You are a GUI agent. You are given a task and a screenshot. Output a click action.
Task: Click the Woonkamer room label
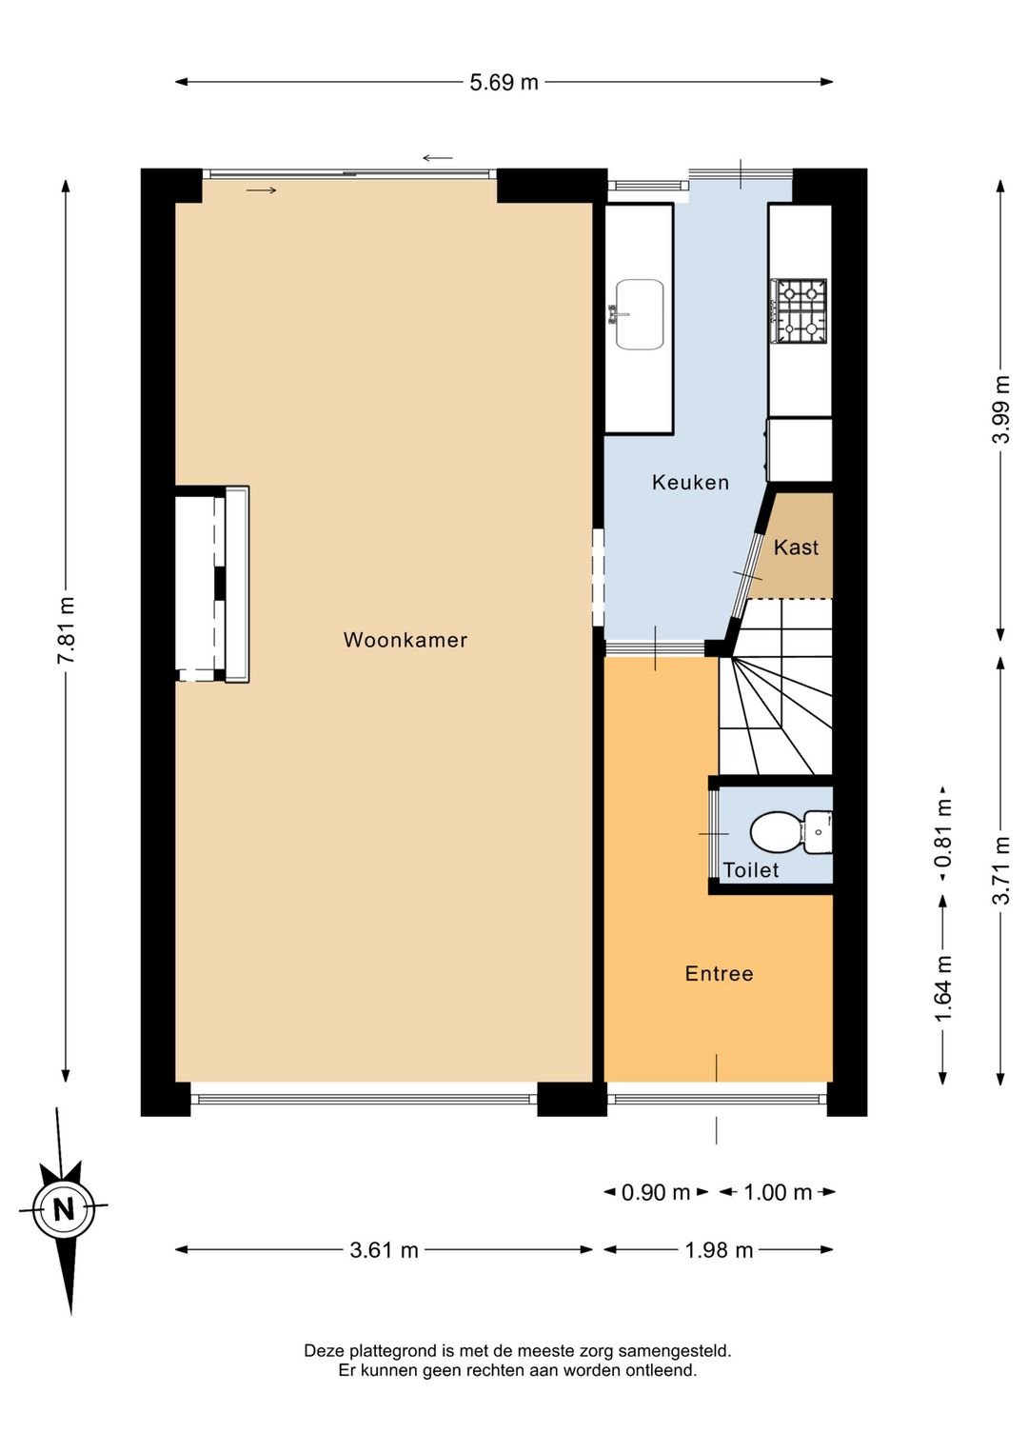click(x=405, y=640)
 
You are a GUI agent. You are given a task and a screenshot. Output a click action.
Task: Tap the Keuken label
click(x=691, y=483)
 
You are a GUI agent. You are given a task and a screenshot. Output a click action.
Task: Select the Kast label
click(x=796, y=547)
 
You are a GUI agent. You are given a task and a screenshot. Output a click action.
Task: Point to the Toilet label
click(x=750, y=870)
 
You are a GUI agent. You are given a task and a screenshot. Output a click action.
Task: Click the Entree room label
click(x=720, y=974)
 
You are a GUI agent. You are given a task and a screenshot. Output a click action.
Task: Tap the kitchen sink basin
click(x=640, y=314)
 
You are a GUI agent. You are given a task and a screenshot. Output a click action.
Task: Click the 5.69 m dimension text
click(x=504, y=83)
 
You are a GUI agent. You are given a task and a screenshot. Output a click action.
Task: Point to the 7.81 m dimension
click(x=67, y=629)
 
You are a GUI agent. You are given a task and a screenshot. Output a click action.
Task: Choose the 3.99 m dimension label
click(x=1001, y=409)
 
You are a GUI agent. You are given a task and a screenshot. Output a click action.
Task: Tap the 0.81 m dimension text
click(x=943, y=833)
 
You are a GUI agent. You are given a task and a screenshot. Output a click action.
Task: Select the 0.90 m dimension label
click(x=656, y=1192)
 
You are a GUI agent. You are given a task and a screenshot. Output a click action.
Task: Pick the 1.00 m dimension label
click(x=778, y=1192)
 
